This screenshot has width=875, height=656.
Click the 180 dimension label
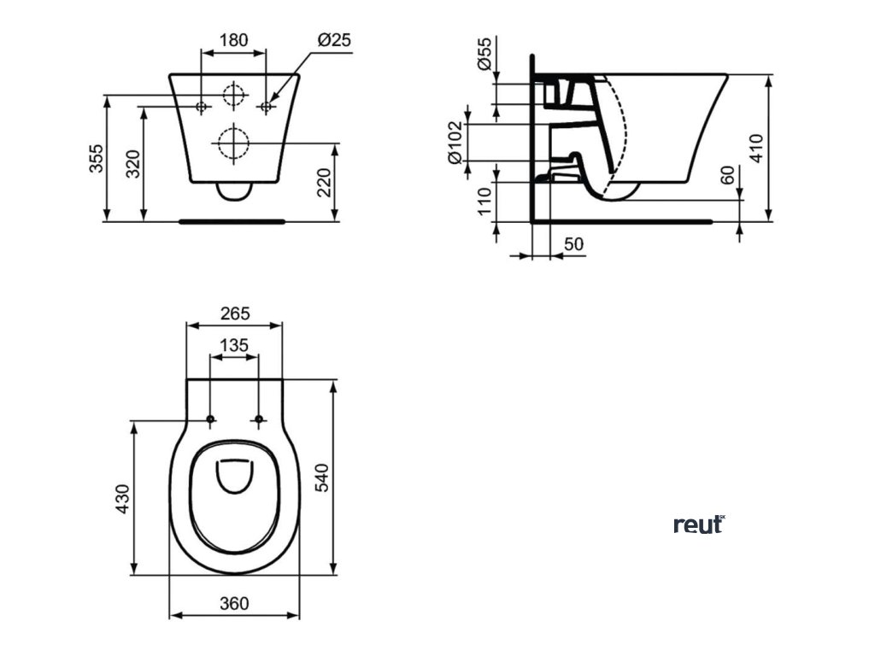[233, 40]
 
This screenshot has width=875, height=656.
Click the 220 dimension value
[325, 182]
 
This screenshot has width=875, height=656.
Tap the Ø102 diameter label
[455, 142]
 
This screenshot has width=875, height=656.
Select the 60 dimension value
[727, 176]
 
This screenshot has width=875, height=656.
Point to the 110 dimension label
[484, 202]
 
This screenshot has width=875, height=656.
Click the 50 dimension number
[574, 244]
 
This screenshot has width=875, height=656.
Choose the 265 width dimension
[234, 313]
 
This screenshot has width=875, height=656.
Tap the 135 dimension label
[233, 345]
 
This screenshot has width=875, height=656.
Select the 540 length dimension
[321, 477]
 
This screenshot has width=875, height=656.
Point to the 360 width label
[234, 603]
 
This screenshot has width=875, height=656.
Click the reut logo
[699, 524]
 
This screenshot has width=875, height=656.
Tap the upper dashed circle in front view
[233, 97]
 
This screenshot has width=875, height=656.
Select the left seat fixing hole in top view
[209, 419]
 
